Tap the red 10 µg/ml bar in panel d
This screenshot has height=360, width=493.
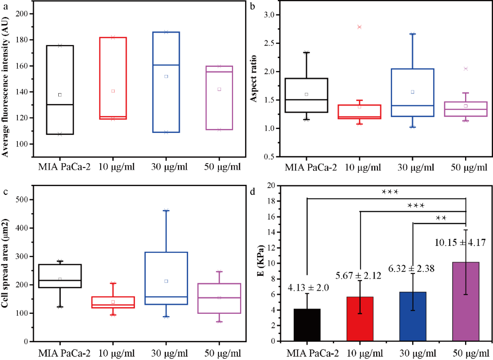[x=360, y=319]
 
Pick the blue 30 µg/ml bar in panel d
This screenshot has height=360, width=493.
[x=413, y=316]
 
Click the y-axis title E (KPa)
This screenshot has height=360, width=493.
[x=260, y=263]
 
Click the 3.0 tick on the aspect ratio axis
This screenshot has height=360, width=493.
[x=272, y=15]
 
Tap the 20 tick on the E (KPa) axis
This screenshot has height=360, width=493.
[x=271, y=186]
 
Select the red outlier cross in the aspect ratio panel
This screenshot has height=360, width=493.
[x=359, y=27]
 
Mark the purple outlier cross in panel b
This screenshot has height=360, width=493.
[x=466, y=69]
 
